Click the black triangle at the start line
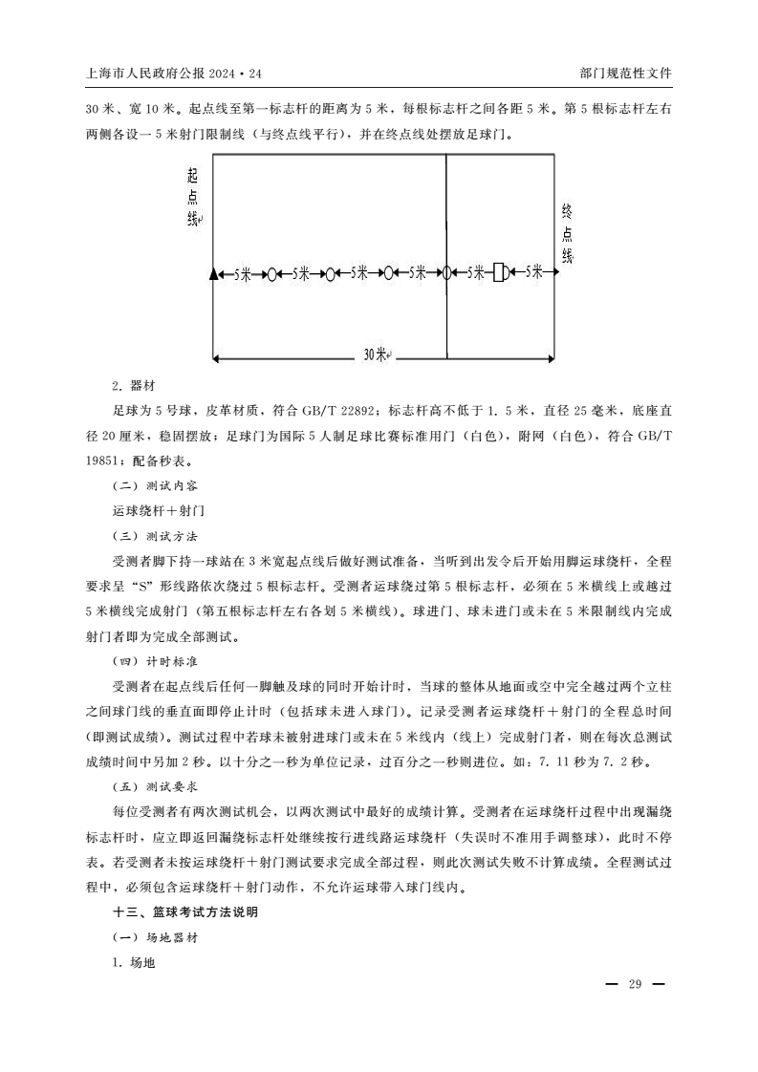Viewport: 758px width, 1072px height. coord(213,273)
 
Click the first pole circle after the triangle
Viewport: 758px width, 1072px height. coord(272,274)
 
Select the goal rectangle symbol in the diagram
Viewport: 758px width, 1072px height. coord(498,273)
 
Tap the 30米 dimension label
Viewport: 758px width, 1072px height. coord(376,354)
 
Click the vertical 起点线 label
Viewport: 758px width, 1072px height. coord(193,198)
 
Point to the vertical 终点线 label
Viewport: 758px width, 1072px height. coord(567,233)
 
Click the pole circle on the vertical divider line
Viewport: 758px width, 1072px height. coord(446,273)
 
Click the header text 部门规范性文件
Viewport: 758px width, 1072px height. coord(626,73)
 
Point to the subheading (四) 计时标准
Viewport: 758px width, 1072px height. coord(154,661)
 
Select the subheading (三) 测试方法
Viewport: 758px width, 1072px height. coord(154,536)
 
